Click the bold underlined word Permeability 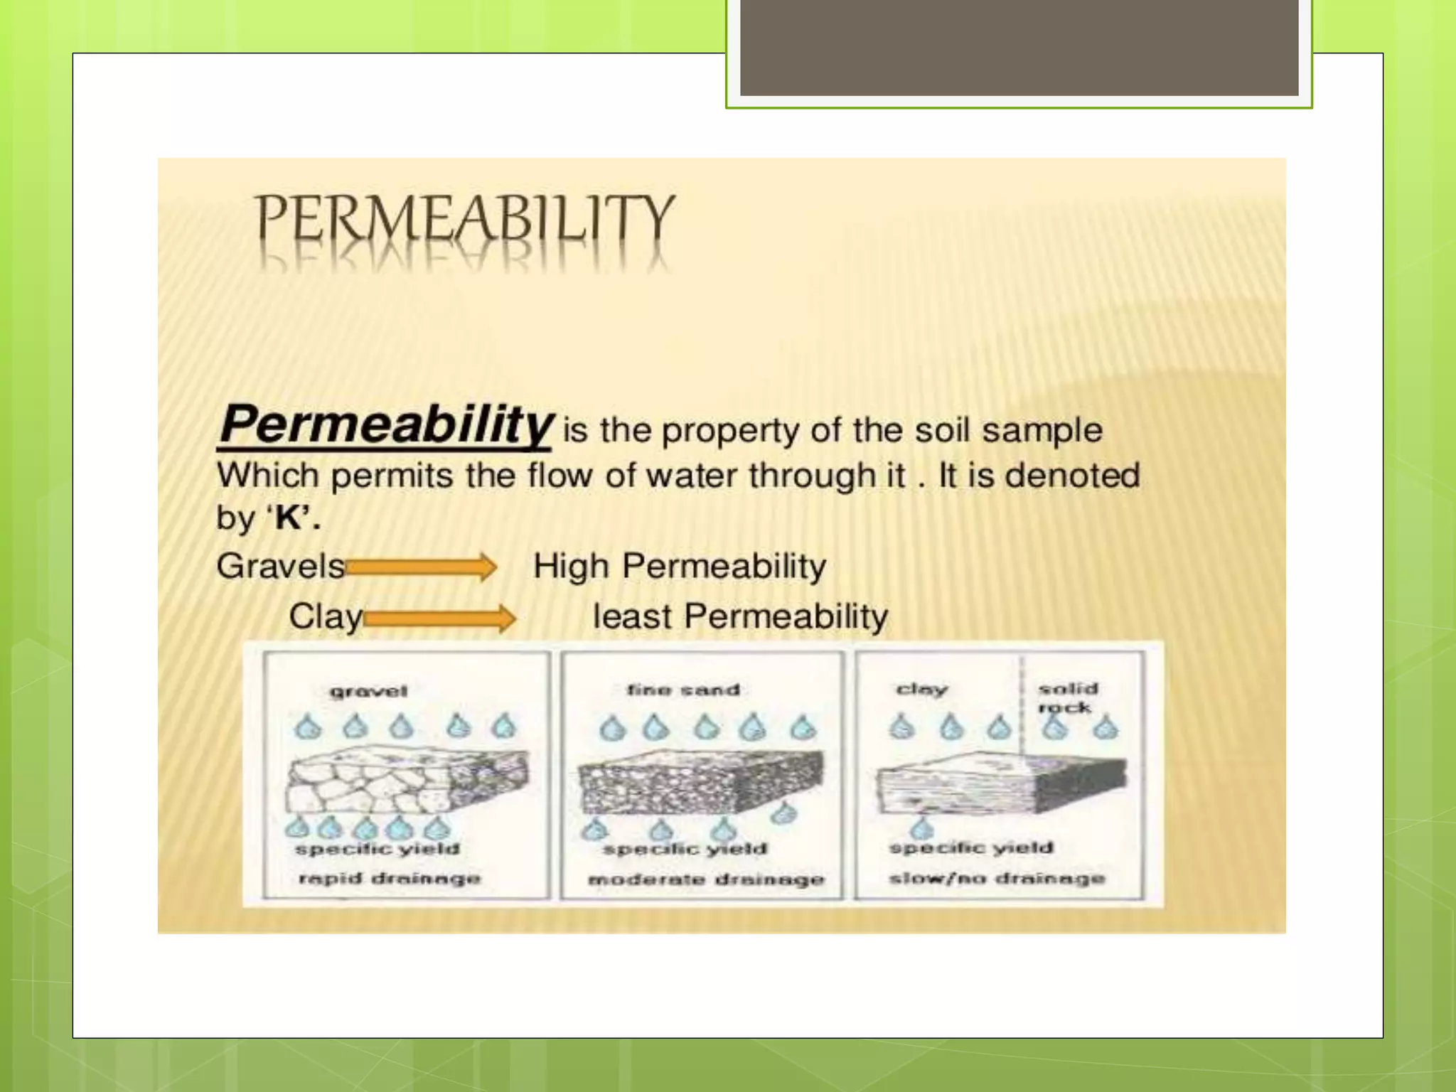click(x=385, y=425)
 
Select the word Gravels click(x=281, y=567)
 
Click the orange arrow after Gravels click(x=422, y=567)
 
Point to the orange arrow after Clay click(x=440, y=618)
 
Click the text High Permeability click(x=680, y=567)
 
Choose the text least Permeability click(x=740, y=616)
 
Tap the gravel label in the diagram click(x=368, y=691)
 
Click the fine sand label click(x=683, y=690)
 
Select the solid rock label click(x=1067, y=697)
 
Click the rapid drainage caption click(x=389, y=878)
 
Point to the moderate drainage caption click(x=706, y=879)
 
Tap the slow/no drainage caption click(x=997, y=878)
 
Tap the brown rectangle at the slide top click(x=1019, y=47)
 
